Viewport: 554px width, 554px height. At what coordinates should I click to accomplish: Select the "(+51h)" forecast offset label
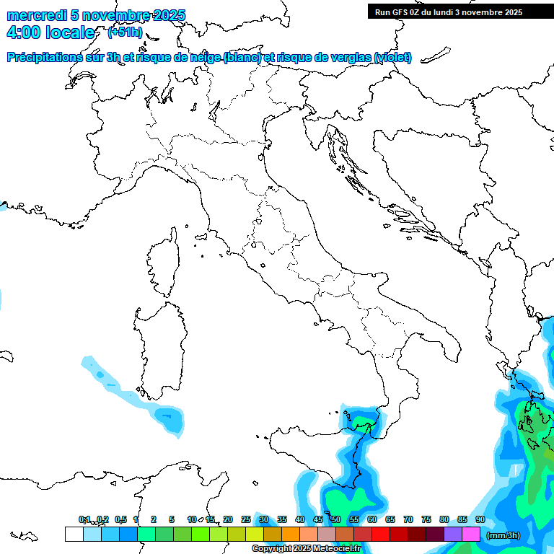pyautogui.click(x=125, y=32)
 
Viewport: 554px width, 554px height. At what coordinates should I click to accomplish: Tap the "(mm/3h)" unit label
pyautogui.click(x=504, y=535)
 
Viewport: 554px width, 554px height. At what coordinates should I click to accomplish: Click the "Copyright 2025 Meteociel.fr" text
pyautogui.click(x=306, y=549)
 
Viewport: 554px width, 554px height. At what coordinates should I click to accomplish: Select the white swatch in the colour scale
pyautogui.click(x=74, y=535)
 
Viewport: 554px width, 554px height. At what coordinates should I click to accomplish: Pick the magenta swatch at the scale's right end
pyautogui.click(x=471, y=535)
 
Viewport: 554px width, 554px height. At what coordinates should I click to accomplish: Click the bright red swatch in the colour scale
pyautogui.click(x=381, y=535)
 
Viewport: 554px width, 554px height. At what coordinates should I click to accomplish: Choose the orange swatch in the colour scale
pyautogui.click(x=291, y=535)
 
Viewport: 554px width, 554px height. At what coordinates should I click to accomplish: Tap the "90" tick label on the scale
pyautogui.click(x=480, y=519)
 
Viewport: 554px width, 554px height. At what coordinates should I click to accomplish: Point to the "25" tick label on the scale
pyautogui.click(x=245, y=519)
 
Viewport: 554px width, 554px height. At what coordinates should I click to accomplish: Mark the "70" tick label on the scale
pyautogui.click(x=408, y=519)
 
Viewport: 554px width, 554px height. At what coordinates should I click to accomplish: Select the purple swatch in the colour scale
pyautogui.click(x=453, y=535)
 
